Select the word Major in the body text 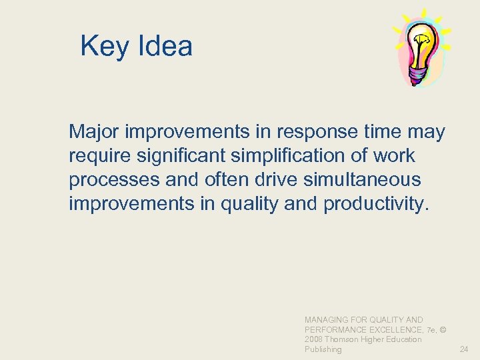(94, 132)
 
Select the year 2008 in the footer (314, 339)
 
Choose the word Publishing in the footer (323, 349)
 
